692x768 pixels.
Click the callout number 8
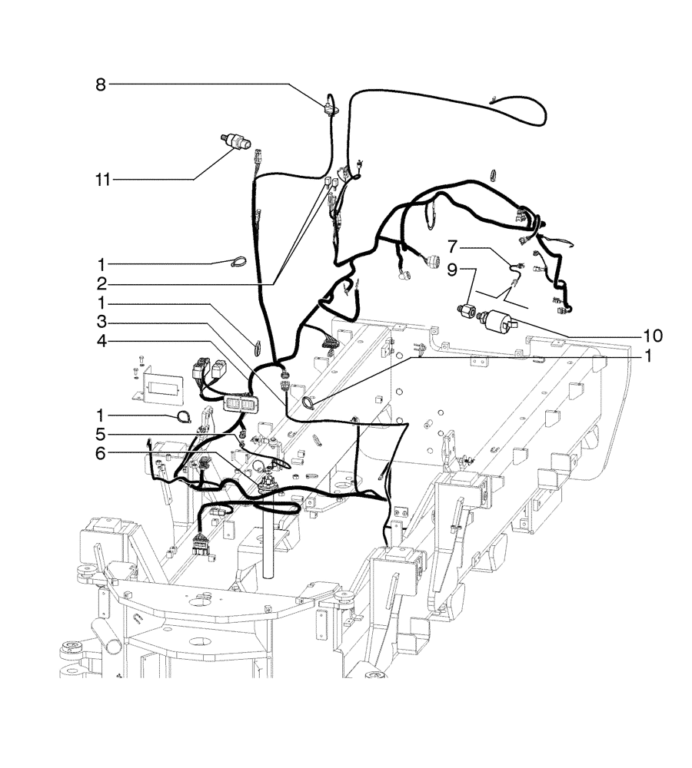[x=100, y=84]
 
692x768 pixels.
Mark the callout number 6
[x=101, y=453]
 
